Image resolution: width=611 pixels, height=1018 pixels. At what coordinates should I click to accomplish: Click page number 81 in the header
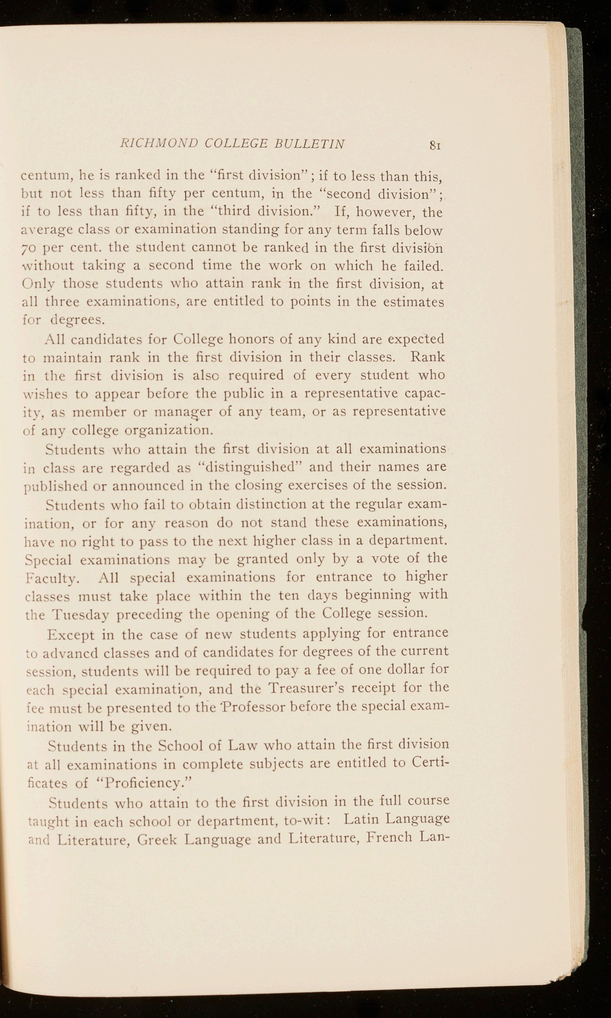point(435,145)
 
